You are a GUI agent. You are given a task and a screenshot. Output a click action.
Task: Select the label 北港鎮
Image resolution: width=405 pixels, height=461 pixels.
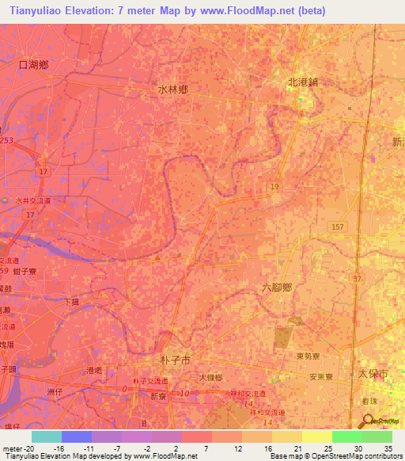[301, 82]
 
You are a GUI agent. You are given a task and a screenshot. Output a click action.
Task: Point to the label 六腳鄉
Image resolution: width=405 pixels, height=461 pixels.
[276, 288]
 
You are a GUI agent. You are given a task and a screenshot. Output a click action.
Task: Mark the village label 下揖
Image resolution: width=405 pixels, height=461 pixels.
[70, 302]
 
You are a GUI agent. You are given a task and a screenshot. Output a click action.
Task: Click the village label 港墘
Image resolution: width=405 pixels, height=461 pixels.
[95, 370]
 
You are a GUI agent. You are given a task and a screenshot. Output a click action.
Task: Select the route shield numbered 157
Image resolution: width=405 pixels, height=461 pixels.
[338, 227]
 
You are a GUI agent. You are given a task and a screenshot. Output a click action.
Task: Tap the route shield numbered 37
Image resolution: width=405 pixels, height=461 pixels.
[357, 279]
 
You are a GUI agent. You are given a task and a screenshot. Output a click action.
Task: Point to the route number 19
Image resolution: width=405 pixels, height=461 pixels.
[274, 186]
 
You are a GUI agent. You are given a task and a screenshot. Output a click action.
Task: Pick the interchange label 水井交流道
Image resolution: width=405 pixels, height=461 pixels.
[32, 201]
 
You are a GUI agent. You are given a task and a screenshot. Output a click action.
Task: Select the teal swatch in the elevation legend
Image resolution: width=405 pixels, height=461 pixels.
[46, 436]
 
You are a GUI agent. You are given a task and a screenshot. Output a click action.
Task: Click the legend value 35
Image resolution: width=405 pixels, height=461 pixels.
[387, 448]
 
